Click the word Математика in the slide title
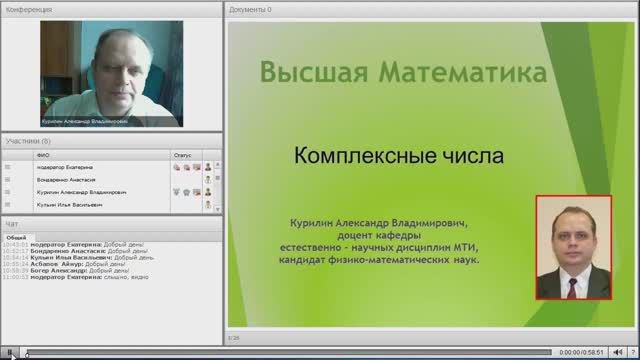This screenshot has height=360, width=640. [x=463, y=73]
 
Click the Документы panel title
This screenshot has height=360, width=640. [x=250, y=9]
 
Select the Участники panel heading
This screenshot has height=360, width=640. [x=28, y=142]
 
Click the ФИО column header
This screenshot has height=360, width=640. [x=42, y=156]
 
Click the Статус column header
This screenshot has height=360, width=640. [x=182, y=156]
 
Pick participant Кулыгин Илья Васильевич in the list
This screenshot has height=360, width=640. [x=68, y=204]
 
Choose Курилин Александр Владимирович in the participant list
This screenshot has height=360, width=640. [x=80, y=191]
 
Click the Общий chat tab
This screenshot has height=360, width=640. [x=16, y=237]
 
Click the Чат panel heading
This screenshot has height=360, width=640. [x=12, y=224]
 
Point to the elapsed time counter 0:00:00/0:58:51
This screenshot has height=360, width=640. [x=582, y=352]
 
